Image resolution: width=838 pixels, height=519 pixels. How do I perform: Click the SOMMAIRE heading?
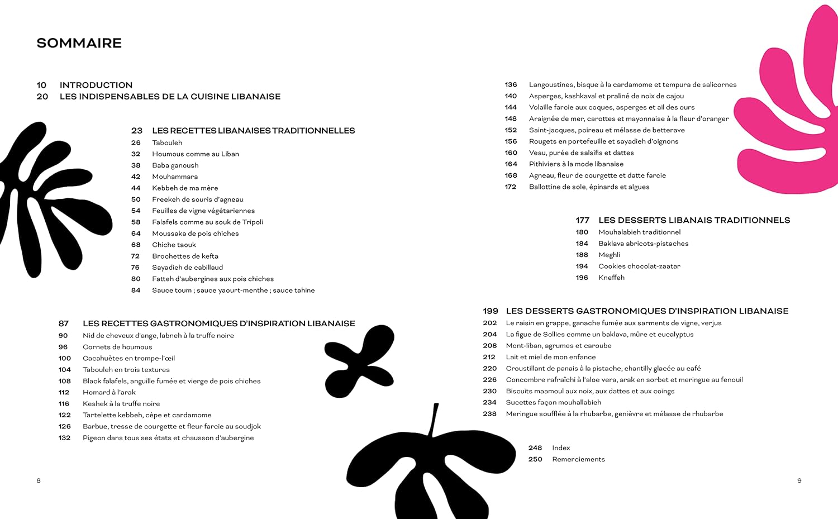[79, 43]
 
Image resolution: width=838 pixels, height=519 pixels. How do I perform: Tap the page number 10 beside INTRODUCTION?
[41, 85]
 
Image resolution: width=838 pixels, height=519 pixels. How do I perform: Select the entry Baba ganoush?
[175, 165]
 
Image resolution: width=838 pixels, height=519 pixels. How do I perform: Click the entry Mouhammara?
[175, 177]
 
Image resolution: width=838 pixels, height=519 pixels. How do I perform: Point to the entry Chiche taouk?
[174, 245]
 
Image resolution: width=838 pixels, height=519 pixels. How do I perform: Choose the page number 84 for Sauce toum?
[136, 291]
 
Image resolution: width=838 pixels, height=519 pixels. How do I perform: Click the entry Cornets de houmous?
[117, 347]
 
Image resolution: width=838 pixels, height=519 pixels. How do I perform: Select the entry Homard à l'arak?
[109, 392]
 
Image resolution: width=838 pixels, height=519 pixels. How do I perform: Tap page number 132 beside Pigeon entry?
[64, 438]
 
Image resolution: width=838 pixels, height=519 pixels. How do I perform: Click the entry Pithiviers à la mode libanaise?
[576, 164]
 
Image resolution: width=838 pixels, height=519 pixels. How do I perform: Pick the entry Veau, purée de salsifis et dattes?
[581, 153]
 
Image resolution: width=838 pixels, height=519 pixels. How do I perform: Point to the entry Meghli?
[609, 255]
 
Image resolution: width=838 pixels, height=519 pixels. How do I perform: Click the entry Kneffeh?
[611, 278]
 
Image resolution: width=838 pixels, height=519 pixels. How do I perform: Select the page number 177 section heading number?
[582, 220]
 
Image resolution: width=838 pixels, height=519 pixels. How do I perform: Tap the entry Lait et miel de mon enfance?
[550, 357]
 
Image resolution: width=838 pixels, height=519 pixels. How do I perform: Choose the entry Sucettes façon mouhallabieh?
[553, 402]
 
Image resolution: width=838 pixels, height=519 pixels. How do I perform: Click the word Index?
[561, 448]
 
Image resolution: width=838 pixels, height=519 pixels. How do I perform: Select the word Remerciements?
[578, 459]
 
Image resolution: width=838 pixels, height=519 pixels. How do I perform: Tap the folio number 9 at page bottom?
[799, 480]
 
